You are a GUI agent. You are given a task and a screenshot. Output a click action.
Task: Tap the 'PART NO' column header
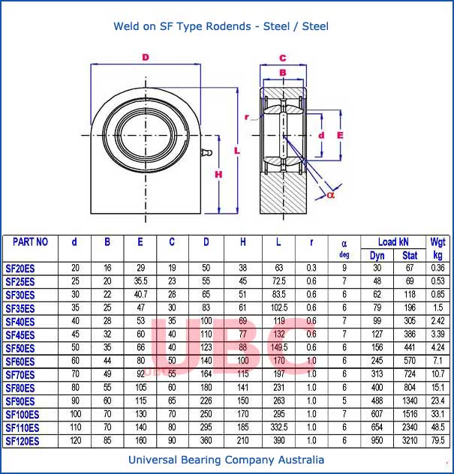31,242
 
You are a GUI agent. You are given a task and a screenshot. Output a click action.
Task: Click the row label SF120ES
23,441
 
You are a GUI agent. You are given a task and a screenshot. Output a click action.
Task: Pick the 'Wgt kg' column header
437,247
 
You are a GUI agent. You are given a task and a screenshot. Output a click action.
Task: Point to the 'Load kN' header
393,242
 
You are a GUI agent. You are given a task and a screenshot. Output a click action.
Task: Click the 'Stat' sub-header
410,256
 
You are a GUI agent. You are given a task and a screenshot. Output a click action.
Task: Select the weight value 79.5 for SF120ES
437,441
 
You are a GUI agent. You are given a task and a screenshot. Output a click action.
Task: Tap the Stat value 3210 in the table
410,441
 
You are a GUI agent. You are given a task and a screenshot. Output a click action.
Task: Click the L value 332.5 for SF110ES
278,427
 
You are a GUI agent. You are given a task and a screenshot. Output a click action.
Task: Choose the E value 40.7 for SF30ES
140,295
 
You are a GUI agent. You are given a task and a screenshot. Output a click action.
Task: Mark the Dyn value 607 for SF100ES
377,414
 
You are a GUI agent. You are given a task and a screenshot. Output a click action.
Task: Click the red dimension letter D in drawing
145,57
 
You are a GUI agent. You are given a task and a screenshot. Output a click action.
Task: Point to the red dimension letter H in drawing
218,175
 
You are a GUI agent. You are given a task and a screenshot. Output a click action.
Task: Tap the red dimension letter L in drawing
237,151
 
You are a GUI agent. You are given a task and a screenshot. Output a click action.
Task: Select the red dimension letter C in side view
283,58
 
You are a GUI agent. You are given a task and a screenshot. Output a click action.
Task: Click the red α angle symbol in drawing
331,194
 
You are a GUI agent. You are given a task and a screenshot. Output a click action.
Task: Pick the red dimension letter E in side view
340,135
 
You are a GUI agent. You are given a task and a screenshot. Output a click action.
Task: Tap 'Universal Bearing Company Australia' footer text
227,460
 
